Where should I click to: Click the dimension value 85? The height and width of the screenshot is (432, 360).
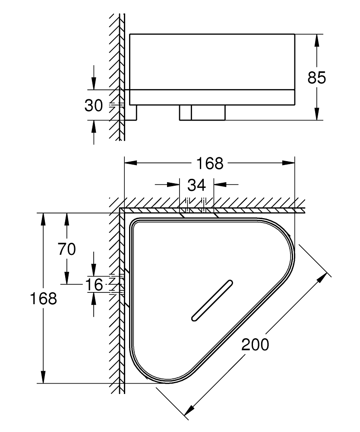pos(316,78)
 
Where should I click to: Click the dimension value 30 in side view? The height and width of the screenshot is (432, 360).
pos(93,105)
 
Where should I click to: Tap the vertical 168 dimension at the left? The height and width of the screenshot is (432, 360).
pos(43,299)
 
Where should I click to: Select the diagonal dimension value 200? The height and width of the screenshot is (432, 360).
pos(255,344)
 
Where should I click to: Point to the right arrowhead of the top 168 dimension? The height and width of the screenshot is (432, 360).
pos(289,163)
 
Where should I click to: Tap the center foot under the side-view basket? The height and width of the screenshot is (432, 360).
pos(202,112)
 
